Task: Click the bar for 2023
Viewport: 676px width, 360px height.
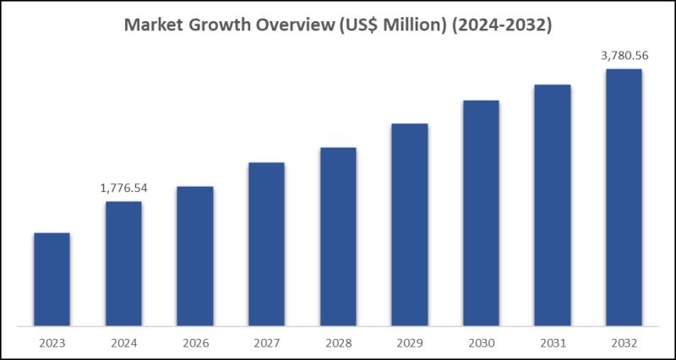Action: tap(52, 279)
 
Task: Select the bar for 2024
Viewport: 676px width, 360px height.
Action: tap(123, 263)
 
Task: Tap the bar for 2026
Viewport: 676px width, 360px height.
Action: tap(194, 255)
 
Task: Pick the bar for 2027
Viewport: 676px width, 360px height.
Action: tap(266, 243)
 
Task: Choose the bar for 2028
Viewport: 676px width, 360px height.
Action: tap(338, 236)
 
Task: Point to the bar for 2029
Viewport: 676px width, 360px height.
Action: tap(409, 224)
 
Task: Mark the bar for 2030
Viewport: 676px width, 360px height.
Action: tap(481, 212)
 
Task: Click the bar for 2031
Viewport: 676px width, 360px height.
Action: tap(553, 205)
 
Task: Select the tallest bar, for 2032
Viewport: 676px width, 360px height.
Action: tap(624, 197)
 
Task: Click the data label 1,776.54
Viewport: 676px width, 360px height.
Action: tap(123, 188)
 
